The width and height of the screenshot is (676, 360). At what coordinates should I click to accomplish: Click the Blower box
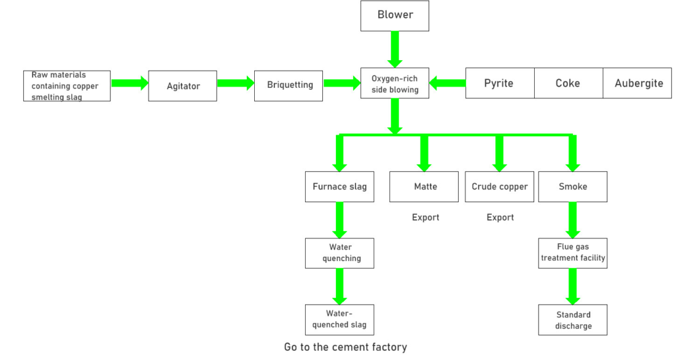pyautogui.click(x=395, y=15)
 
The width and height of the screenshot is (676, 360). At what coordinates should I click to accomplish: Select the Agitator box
pyautogui.click(x=182, y=85)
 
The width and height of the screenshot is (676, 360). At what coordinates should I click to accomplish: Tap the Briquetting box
pyautogui.click(x=288, y=85)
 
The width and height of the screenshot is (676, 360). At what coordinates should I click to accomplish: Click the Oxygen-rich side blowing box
pyautogui.click(x=395, y=84)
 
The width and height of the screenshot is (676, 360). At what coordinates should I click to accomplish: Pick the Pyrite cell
pyautogui.click(x=499, y=83)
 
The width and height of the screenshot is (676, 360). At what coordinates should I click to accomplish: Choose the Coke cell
pyautogui.click(x=568, y=83)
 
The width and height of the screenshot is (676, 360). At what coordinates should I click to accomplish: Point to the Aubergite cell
pyautogui.click(x=638, y=83)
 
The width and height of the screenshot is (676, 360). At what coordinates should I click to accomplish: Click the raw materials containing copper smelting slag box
pyautogui.click(x=66, y=86)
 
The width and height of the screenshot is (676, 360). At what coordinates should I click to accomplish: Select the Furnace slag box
pyautogui.click(x=339, y=186)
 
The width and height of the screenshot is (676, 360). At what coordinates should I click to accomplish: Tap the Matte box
pyautogui.click(x=425, y=186)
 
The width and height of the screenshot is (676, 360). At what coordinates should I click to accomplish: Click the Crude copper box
pyautogui.click(x=500, y=186)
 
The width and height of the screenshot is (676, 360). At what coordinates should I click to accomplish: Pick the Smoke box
pyautogui.click(x=572, y=186)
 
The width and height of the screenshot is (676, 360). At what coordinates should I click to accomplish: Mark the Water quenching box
pyautogui.click(x=339, y=253)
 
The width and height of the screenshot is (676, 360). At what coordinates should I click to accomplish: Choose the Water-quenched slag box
pyautogui.click(x=339, y=320)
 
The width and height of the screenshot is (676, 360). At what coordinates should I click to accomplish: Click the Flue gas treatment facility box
pyautogui.click(x=572, y=253)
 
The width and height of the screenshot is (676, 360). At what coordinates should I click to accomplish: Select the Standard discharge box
pyautogui.click(x=572, y=320)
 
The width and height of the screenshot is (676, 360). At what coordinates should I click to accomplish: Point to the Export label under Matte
pyautogui.click(x=425, y=217)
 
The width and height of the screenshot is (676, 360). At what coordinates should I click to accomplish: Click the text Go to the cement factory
pyautogui.click(x=345, y=347)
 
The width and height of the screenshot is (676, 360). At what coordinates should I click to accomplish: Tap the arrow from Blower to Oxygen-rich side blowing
pyautogui.click(x=395, y=48)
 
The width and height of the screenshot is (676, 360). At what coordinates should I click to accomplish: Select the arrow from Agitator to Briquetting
pyautogui.click(x=236, y=83)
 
